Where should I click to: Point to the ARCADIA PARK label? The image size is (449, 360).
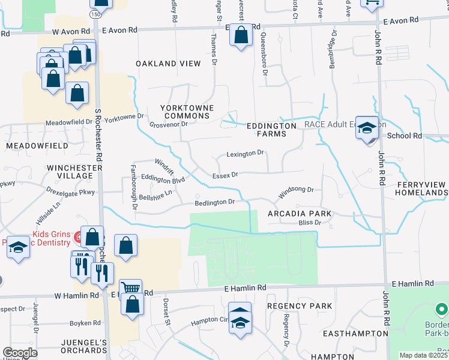(x=292, y=214)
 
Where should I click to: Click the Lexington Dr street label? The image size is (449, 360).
(x=245, y=154)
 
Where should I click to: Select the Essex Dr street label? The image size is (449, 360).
(x=225, y=175)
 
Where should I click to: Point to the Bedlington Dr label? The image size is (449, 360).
(x=214, y=202)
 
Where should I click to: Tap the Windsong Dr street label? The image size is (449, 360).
(x=295, y=190)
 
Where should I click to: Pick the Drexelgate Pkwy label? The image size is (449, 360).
(x=71, y=193)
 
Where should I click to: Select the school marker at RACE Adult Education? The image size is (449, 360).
(x=367, y=127)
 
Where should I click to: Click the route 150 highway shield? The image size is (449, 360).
(x=96, y=14)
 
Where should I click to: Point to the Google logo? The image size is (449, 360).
(x=20, y=353)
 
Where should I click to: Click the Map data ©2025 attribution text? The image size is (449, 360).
(x=423, y=355)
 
